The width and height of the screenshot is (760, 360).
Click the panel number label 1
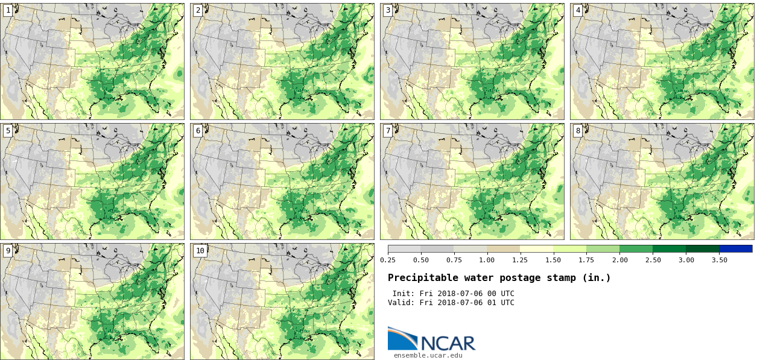click(x=8, y=10)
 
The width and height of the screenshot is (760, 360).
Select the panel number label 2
click(x=198, y=10)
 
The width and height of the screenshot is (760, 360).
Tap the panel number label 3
click(x=388, y=10)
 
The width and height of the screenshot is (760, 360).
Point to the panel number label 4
click(x=578, y=10)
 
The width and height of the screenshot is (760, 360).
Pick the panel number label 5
click(x=8, y=131)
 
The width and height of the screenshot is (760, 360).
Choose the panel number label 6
click(x=198, y=131)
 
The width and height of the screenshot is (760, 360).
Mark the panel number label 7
click(x=388, y=131)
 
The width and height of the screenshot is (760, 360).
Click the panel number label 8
click(x=578, y=131)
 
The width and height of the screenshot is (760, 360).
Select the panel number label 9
click(x=8, y=251)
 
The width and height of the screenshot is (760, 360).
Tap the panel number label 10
click(x=200, y=251)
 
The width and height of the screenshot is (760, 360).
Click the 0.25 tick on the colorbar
click(x=388, y=260)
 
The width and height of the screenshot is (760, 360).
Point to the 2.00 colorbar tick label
click(x=619, y=260)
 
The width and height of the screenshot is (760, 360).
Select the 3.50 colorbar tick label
click(x=719, y=260)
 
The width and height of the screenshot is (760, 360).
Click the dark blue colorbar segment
click(x=735, y=248)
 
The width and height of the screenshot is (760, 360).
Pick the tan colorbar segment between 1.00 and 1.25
click(x=504, y=248)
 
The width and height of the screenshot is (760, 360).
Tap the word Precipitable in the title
click(x=420, y=278)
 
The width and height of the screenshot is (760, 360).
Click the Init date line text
click(x=453, y=294)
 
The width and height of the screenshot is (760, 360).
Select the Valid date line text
click(x=451, y=303)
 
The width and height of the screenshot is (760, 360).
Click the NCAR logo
click(x=431, y=339)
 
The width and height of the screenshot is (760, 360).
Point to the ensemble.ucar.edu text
click(x=428, y=355)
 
